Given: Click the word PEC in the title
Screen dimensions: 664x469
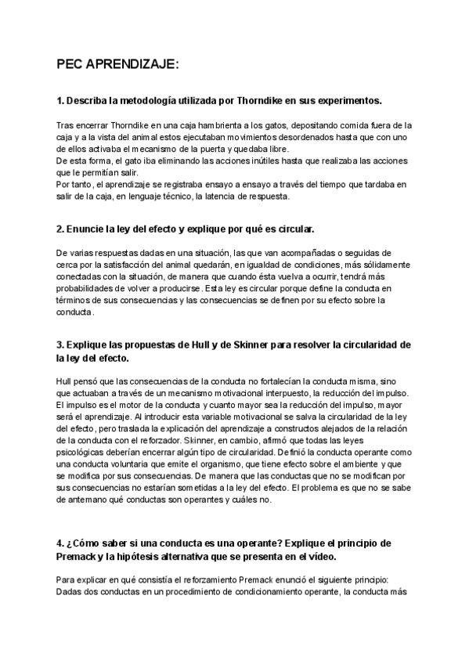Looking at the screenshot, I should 72,67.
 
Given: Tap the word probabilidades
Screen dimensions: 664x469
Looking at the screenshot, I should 92,289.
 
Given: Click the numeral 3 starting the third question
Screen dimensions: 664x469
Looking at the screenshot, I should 60,345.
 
